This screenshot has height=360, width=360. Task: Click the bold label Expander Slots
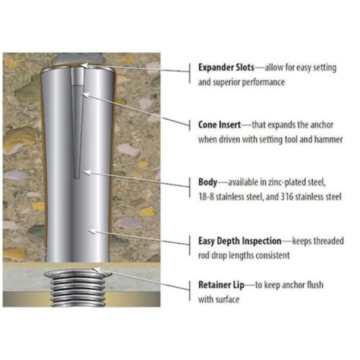[x=226, y=67]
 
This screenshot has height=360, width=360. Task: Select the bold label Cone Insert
[x=219, y=125]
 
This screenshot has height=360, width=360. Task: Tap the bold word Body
[x=207, y=182]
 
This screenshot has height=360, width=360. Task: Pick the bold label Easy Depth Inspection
[x=239, y=241]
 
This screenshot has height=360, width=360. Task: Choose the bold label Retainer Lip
[x=221, y=285]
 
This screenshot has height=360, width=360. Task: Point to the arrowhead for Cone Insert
[x=84, y=94]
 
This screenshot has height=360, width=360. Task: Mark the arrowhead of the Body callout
[x=87, y=172]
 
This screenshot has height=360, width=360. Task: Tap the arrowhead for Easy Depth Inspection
[x=92, y=231]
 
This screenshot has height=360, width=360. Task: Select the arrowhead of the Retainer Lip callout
[x=96, y=270]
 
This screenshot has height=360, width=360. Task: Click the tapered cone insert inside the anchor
[x=77, y=124]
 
